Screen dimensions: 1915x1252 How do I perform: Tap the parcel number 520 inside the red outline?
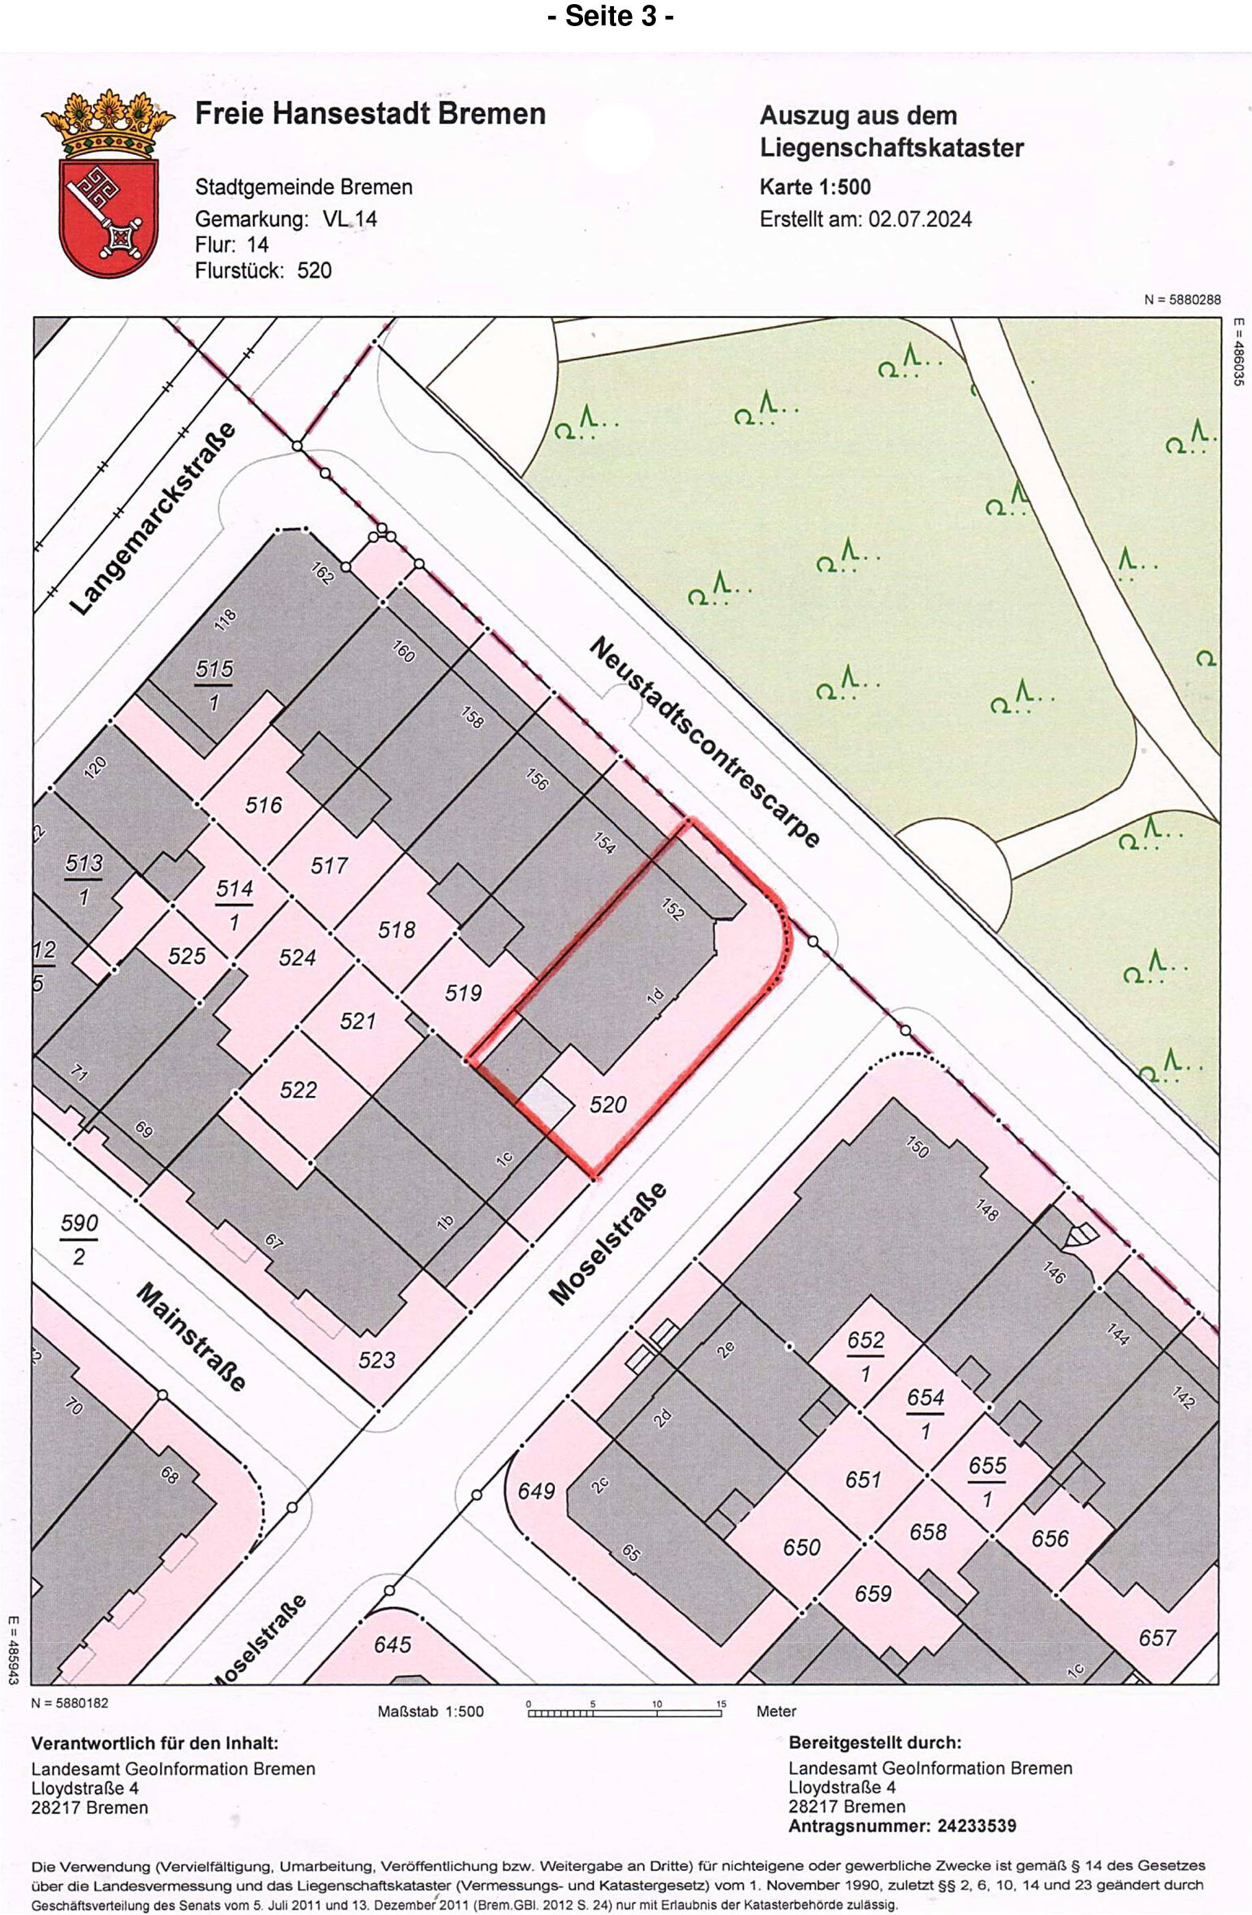pyautogui.click(x=608, y=1104)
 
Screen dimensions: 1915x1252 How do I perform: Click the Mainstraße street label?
pyautogui.click(x=191, y=1337)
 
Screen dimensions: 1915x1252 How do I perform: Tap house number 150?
pyautogui.click(x=917, y=1147)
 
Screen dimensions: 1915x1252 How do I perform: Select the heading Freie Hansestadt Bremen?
pyautogui.click(x=370, y=113)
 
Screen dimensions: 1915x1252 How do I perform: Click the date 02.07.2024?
pyautogui.click(x=920, y=219)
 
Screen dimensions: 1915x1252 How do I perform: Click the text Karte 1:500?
pyautogui.click(x=815, y=187)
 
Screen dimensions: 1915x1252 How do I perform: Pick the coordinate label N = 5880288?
pyautogui.click(x=1182, y=299)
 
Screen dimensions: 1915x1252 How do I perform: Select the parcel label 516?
pyautogui.click(x=264, y=804)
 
